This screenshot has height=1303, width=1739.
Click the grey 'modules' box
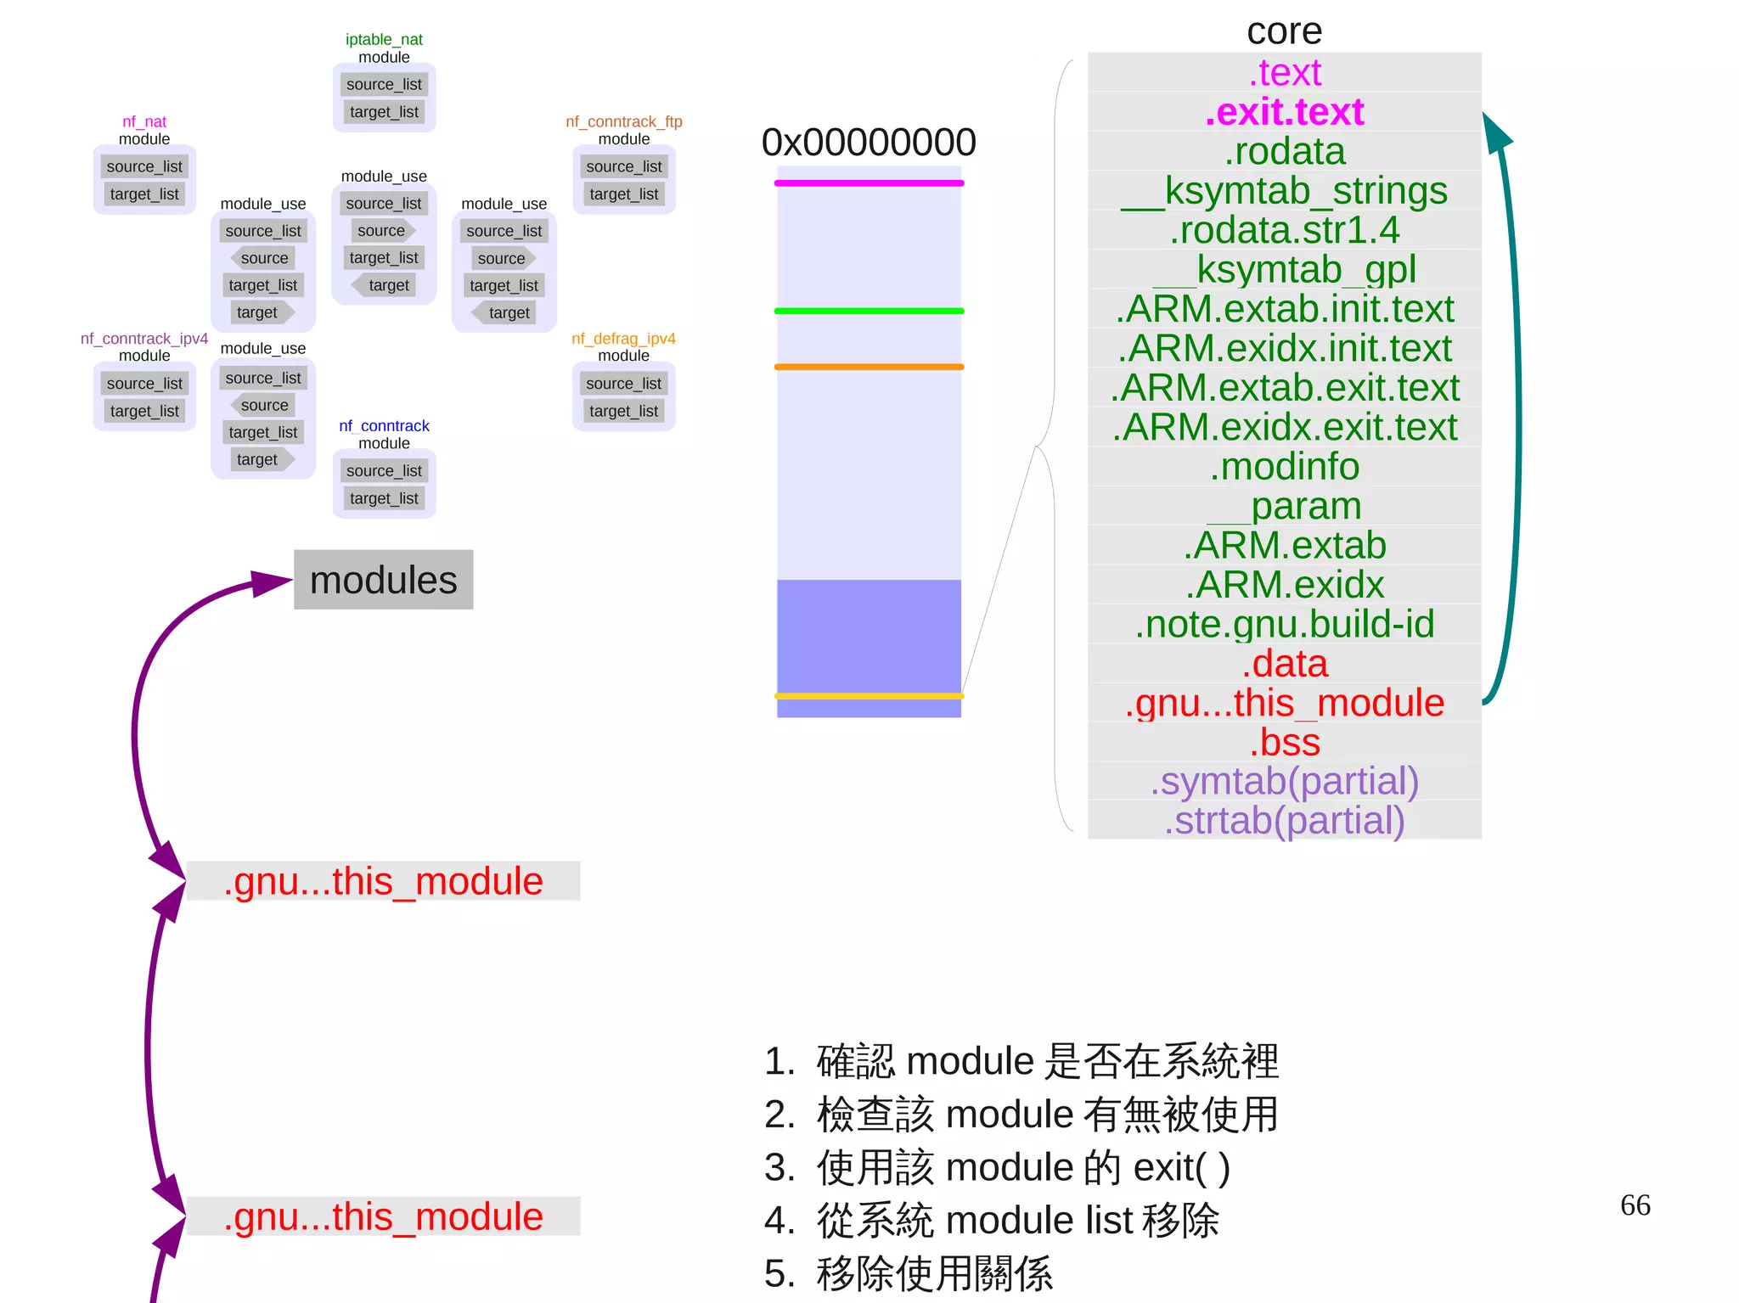point(383,580)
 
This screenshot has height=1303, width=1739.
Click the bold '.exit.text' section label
point(1284,112)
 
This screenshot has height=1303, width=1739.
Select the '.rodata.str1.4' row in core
point(1284,230)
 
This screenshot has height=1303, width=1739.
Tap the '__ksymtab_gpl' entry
point(1284,270)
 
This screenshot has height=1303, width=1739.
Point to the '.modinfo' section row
point(1284,467)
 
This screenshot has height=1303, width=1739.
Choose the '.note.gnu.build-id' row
point(1284,624)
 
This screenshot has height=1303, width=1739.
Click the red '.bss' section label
point(1284,743)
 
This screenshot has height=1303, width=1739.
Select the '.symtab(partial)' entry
point(1284,782)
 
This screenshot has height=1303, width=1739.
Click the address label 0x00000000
point(869,143)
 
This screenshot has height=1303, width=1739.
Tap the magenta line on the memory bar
point(869,183)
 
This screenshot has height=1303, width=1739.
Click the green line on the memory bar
point(869,311)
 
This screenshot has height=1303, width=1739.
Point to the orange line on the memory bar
point(869,367)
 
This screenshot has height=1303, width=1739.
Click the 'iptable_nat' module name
point(384,40)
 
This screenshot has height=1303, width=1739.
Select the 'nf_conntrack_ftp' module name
point(624,122)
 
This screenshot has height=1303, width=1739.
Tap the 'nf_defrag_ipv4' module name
point(624,339)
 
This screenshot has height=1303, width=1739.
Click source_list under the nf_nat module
point(144,167)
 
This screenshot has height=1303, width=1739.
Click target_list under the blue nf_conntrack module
point(384,498)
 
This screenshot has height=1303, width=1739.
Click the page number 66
point(1635,1205)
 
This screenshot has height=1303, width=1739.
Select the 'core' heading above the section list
point(1284,32)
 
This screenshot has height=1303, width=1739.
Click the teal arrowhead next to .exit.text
point(1496,132)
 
